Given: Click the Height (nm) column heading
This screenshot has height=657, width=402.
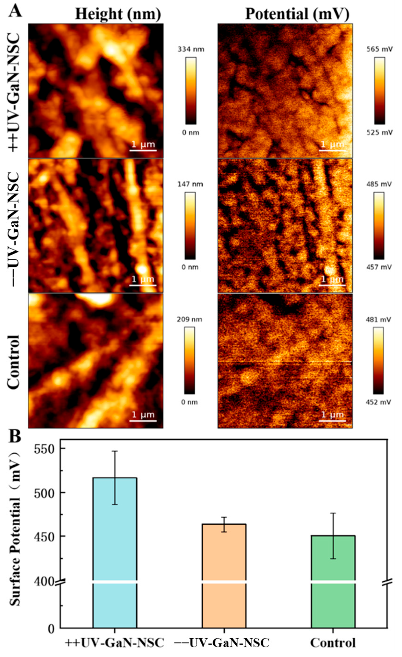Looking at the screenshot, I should [118, 14].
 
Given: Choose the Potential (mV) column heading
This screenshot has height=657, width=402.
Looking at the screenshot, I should [297, 14].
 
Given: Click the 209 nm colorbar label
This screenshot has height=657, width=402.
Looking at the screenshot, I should [190, 320].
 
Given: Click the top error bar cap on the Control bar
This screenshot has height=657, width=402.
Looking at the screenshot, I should [333, 520].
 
